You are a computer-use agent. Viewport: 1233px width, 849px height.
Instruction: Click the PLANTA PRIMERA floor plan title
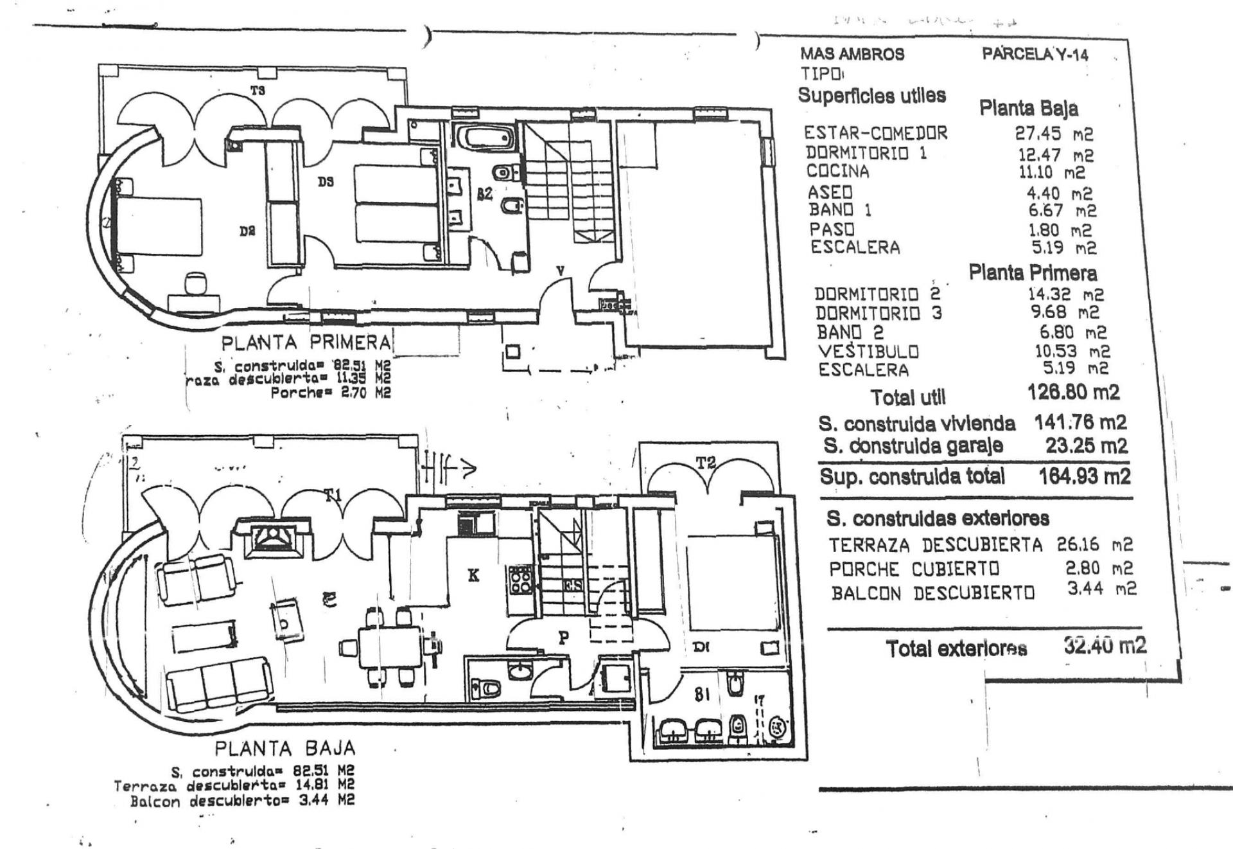[306, 342]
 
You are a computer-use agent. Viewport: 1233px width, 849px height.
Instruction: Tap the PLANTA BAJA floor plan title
[284, 749]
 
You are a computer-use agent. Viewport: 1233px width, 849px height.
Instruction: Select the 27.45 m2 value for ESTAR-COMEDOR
[1054, 134]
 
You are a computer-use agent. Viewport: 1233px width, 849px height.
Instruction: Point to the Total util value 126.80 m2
[1073, 392]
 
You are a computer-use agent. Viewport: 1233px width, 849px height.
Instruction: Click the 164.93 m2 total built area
[1084, 477]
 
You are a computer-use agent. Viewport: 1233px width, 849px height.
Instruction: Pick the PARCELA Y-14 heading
[1035, 55]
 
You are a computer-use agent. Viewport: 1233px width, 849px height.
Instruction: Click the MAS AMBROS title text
[852, 55]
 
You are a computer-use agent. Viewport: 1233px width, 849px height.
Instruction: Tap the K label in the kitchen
[473, 575]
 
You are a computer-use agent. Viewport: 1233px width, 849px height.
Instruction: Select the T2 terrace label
[706, 463]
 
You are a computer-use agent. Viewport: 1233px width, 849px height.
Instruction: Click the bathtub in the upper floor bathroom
[485, 138]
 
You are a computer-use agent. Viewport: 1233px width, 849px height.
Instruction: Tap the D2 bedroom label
[248, 231]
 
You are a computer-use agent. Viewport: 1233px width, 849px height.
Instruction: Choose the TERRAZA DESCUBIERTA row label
[936, 546]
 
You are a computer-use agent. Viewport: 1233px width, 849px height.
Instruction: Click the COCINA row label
[837, 172]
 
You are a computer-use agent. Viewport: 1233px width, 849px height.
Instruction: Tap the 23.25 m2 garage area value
[1085, 445]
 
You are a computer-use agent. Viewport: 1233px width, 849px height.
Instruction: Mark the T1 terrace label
[332, 495]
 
